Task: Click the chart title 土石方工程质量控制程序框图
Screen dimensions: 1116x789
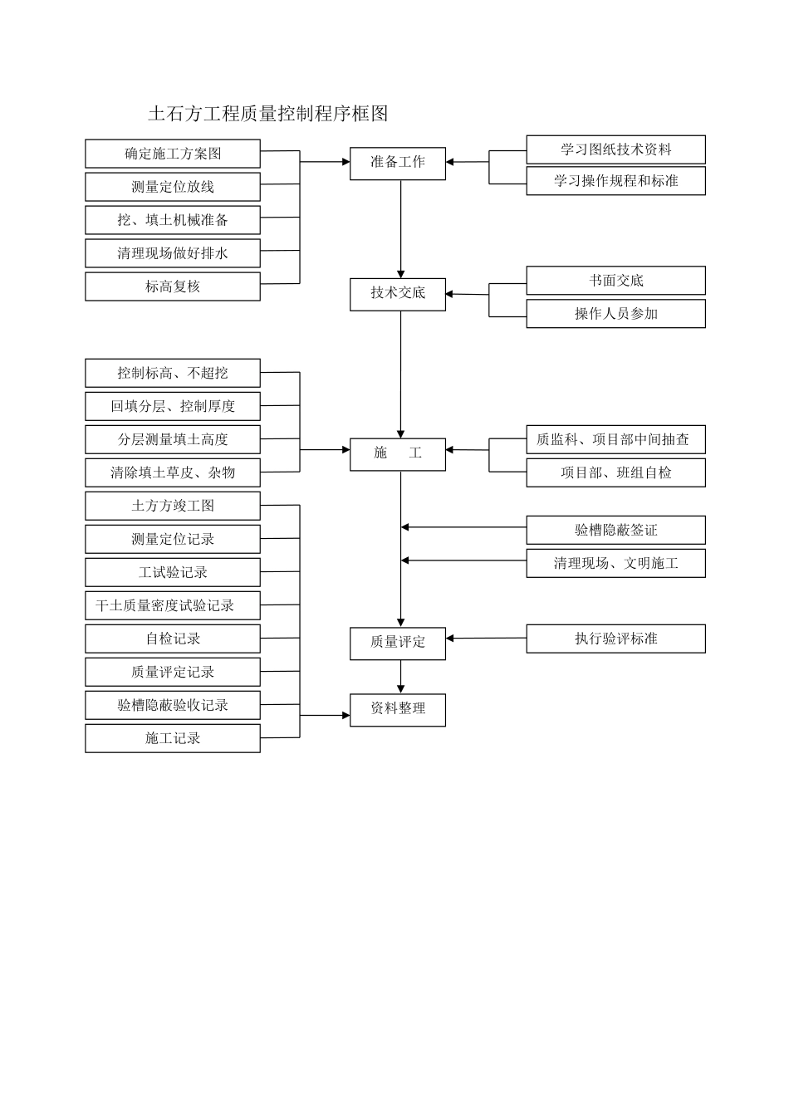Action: pyautogui.click(x=267, y=114)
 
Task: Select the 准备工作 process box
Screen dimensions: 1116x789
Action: pyautogui.click(x=397, y=163)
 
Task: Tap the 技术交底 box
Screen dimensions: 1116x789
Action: pyautogui.click(x=397, y=294)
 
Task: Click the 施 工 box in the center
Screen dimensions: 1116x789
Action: pyautogui.click(x=397, y=453)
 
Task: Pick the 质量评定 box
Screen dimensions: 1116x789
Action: pyautogui.click(x=397, y=643)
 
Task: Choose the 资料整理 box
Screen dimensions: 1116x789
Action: pyautogui.click(x=397, y=709)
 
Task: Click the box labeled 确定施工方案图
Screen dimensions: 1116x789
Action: pyautogui.click(x=172, y=154)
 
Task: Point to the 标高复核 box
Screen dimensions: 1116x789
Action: pyautogui.click(x=172, y=286)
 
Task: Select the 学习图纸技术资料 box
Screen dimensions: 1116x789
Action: pyautogui.click(x=615, y=149)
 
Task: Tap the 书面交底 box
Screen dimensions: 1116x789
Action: pyautogui.click(x=615, y=281)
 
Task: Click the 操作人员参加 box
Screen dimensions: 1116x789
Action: pyautogui.click(x=615, y=314)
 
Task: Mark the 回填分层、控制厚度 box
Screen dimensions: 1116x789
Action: pyautogui.click(x=172, y=406)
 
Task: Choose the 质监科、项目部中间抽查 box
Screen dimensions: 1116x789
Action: pyautogui.click(x=615, y=439)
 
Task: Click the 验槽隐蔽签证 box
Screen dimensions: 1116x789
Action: pyautogui.click(x=615, y=530)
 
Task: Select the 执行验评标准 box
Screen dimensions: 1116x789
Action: pyautogui.click(x=615, y=639)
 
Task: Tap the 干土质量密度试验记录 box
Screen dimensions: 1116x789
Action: pyautogui.click(x=172, y=605)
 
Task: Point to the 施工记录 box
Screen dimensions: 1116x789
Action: pyautogui.click(x=172, y=738)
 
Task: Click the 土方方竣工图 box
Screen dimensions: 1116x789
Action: pyautogui.click(x=172, y=506)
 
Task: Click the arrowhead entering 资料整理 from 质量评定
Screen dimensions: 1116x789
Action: pyautogui.click(x=401, y=688)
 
